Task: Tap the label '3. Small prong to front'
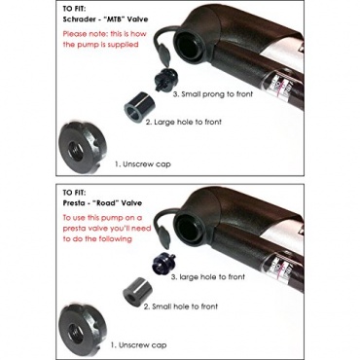click(x=213, y=94)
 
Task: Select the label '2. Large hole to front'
click(x=183, y=123)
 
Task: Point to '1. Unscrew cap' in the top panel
click(x=143, y=164)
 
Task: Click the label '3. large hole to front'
click(x=208, y=277)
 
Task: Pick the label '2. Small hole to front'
click(x=181, y=306)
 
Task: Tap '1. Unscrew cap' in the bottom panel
click(x=139, y=345)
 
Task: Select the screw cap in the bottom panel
click(x=81, y=327)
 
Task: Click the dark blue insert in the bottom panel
click(x=164, y=262)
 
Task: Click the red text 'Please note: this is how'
click(x=105, y=34)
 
